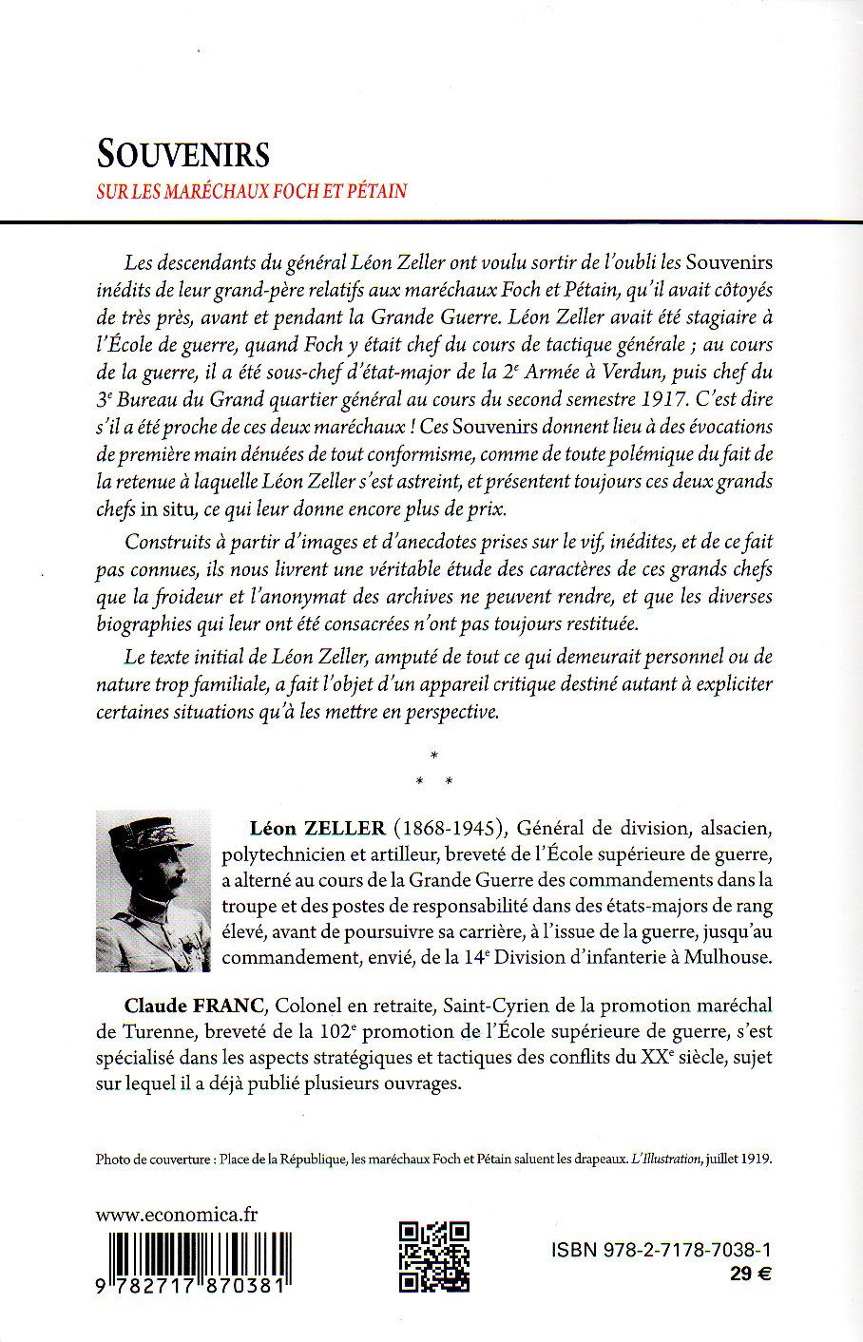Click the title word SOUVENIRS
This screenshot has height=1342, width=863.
183,154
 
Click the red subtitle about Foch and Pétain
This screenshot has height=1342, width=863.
252,191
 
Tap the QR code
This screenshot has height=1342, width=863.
432,1256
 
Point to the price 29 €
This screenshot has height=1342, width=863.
750,1275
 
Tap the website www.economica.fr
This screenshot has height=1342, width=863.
177,1215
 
